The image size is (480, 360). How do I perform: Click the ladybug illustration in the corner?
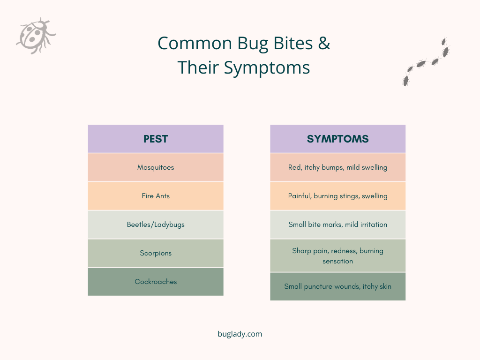[36, 36]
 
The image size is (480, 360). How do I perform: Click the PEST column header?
[156, 139]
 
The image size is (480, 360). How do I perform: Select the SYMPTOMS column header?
[337, 139]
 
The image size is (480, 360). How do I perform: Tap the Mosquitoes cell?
[156, 167]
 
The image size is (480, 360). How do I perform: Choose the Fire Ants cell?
[156, 196]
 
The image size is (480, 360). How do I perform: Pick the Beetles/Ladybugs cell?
[156, 225]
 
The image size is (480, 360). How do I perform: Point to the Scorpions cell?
[156, 253]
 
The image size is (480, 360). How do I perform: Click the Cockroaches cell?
[156, 282]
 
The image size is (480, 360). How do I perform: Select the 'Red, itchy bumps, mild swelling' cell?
[337, 167]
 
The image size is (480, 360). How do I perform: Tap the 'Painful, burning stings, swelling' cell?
[337, 196]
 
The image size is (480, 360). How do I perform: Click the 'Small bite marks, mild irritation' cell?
[337, 225]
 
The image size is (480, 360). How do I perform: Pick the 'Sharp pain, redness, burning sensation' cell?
[337, 255]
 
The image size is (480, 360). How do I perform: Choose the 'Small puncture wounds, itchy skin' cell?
[337, 286]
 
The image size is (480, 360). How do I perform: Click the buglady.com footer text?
[240, 334]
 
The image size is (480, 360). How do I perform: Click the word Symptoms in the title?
[266, 68]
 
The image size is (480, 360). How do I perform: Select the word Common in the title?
[195, 43]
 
